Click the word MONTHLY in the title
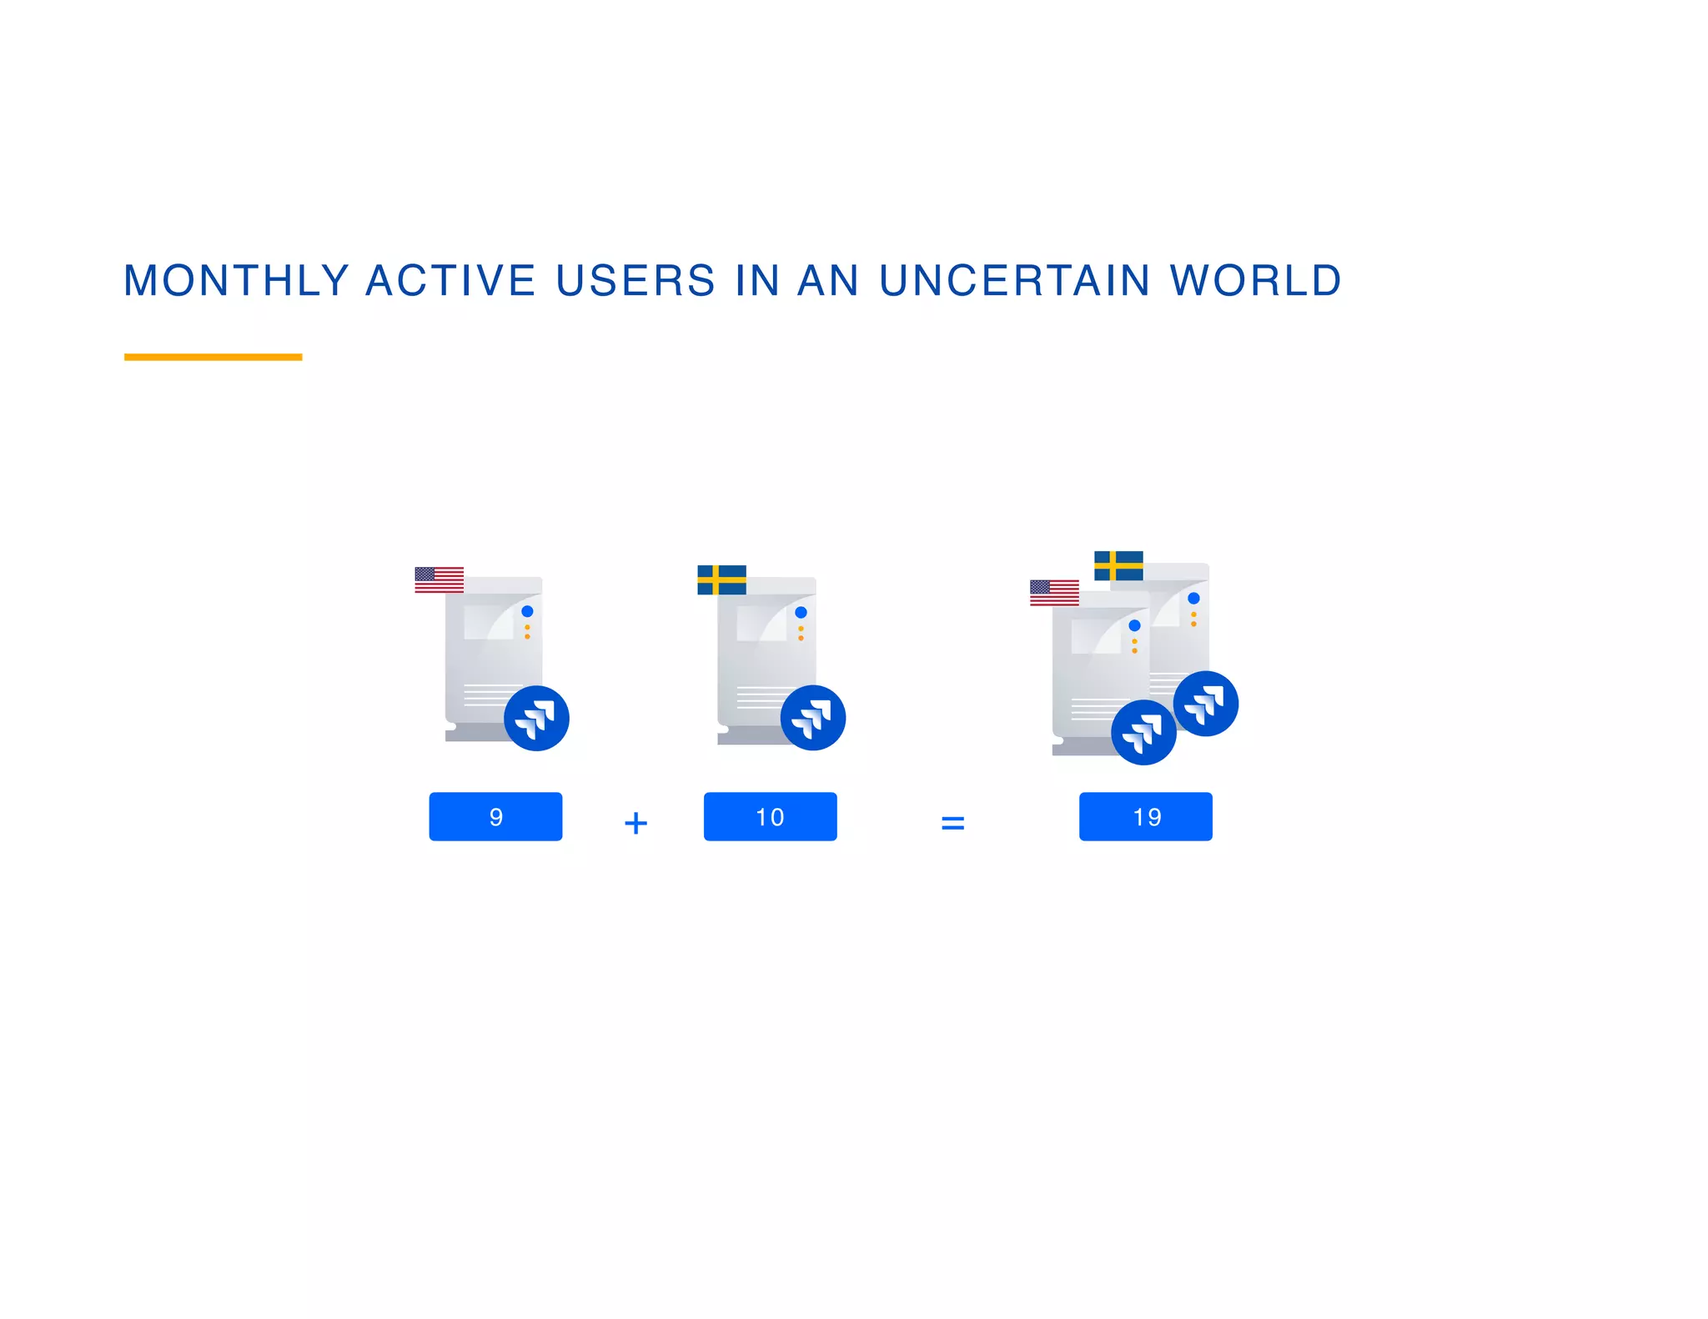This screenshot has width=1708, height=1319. [x=236, y=280]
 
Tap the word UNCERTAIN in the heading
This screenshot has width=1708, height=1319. [x=1015, y=280]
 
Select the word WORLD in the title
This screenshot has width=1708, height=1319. [x=1255, y=280]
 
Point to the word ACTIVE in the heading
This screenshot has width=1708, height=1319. [x=450, y=280]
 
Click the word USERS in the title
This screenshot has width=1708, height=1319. [x=635, y=280]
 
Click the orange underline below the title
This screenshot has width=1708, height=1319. [x=213, y=357]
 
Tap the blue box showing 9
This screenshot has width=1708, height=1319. [x=495, y=816]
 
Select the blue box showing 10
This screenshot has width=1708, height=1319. [x=770, y=816]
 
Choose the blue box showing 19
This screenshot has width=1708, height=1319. [x=1145, y=816]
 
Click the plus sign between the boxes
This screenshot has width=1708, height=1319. [x=635, y=823]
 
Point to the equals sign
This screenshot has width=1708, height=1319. [x=952, y=823]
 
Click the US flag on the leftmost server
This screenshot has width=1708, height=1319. [x=439, y=579]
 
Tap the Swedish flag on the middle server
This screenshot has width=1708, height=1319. [x=721, y=579]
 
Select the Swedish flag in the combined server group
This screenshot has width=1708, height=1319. [x=1118, y=565]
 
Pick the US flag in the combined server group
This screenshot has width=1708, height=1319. [x=1054, y=593]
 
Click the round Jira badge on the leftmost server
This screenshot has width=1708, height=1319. [x=536, y=718]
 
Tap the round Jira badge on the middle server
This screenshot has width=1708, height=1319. [x=812, y=718]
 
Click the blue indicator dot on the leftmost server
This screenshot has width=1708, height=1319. [x=527, y=611]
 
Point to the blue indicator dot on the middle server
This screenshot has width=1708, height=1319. [x=801, y=612]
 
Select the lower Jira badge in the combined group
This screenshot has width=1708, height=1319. [x=1143, y=732]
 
